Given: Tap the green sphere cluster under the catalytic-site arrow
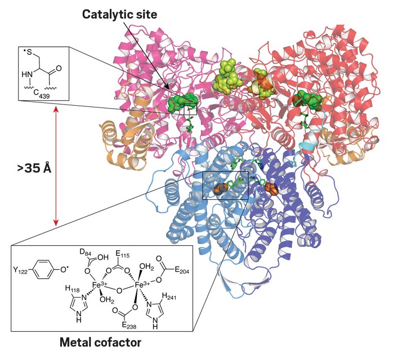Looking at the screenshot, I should [182, 102].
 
